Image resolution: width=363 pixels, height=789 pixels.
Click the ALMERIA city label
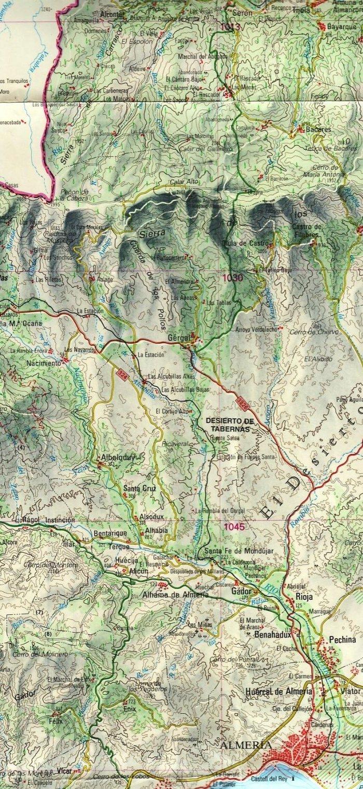point(246,745)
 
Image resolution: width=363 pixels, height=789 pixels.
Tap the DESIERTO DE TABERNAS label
point(228,425)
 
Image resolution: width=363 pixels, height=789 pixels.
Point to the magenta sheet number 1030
point(232,278)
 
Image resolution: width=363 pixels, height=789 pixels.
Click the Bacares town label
point(318,129)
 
